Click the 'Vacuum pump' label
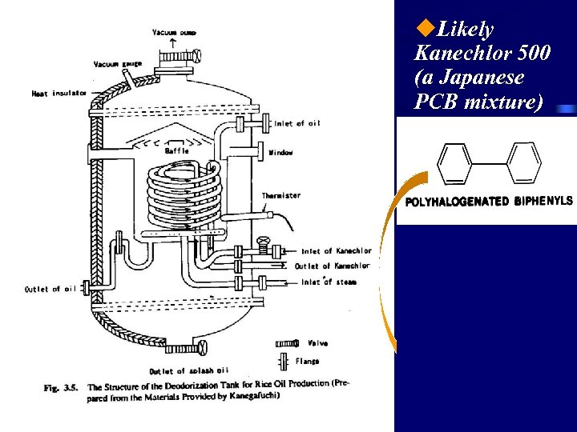(x=174, y=32)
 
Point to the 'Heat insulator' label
(x=59, y=94)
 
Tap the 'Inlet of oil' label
(x=297, y=123)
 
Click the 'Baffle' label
(x=176, y=150)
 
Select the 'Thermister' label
(x=280, y=196)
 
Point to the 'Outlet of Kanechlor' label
(x=332, y=266)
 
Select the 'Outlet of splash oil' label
(x=188, y=370)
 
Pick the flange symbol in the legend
(x=284, y=361)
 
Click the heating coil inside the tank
(x=185, y=196)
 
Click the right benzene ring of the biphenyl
(x=525, y=164)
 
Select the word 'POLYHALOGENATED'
(x=457, y=202)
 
